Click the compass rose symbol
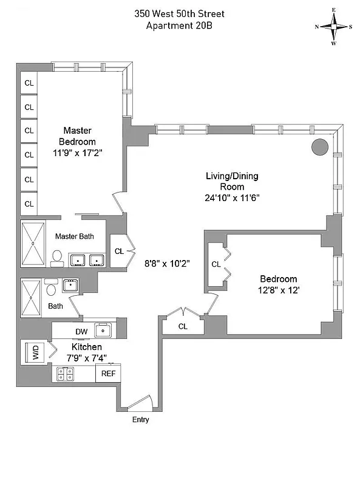pos(333,27)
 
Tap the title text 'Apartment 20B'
pos(180,26)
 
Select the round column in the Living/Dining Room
pos(320,147)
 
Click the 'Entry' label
pos(140,420)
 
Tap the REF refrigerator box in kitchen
pos(108,374)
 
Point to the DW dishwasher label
pos(81,331)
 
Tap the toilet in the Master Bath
pos(58,259)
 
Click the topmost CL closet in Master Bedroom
pos(29,83)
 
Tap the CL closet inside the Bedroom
pos(216,264)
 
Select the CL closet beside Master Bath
pos(119,251)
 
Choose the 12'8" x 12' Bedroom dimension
pos(279,290)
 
